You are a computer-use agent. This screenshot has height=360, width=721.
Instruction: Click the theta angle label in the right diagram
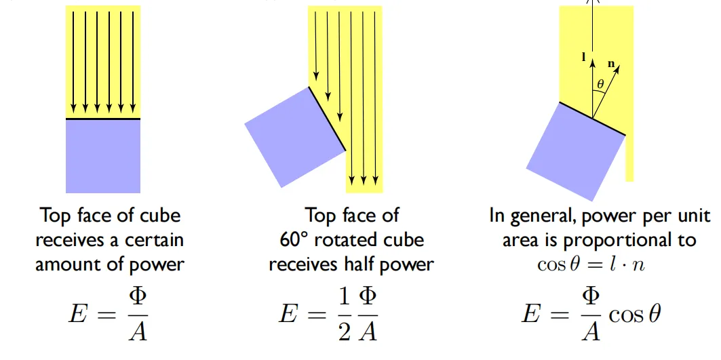pos(600,85)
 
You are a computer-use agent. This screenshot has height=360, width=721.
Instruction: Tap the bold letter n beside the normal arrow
pos(612,64)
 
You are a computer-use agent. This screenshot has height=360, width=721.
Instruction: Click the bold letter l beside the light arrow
pos(584,58)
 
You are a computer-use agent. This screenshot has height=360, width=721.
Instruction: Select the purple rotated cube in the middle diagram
pos(295,137)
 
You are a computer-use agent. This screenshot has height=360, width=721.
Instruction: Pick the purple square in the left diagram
pos(103,157)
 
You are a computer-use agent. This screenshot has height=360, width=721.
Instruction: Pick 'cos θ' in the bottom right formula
pos(635,315)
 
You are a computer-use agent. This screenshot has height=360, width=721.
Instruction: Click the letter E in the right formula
pos(530,315)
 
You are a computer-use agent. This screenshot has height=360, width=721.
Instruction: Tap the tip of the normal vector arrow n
pos(619,65)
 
